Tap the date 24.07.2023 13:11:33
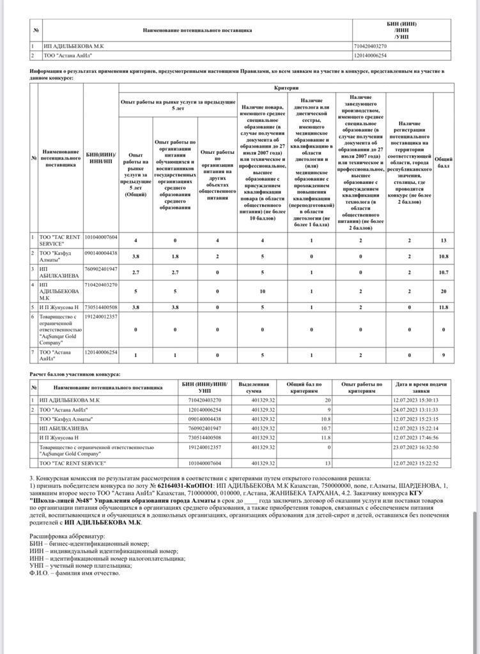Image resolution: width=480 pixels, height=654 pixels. pos(415,409)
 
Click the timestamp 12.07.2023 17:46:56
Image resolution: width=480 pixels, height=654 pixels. pos(415,437)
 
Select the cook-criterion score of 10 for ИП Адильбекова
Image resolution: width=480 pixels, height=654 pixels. pos(263,291)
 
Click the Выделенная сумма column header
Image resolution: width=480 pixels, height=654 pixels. pos(254,388)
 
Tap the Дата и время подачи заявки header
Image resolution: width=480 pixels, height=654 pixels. pos(421,388)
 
